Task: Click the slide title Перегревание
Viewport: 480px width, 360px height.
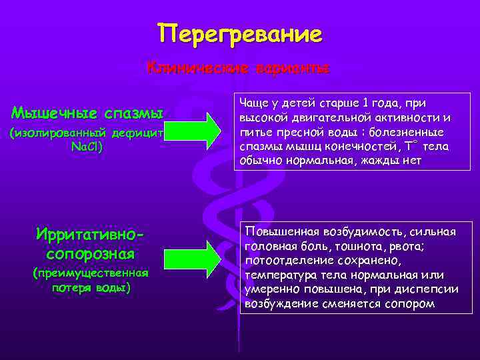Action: click(x=240, y=33)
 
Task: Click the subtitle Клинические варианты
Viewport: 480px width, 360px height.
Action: click(x=239, y=68)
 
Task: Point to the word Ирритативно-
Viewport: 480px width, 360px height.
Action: click(x=91, y=235)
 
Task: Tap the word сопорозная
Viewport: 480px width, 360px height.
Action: click(x=91, y=254)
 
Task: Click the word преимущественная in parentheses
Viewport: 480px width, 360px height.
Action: click(x=91, y=273)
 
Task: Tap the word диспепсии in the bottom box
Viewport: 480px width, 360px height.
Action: click(x=433, y=289)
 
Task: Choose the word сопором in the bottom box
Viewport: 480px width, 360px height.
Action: click(x=409, y=304)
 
